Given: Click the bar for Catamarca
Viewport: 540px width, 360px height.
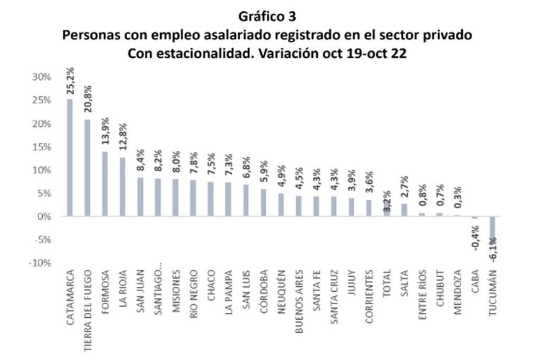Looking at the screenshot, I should [x=70, y=158].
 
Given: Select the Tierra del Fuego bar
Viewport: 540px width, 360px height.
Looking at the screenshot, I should [x=88, y=168].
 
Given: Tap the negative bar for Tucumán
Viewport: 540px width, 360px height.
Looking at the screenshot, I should [x=493, y=230].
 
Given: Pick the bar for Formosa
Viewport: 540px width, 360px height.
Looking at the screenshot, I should [x=105, y=184].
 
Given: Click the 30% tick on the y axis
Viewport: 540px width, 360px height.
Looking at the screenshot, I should [x=40, y=78].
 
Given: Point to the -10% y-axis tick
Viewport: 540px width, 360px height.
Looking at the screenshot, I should [x=38, y=263].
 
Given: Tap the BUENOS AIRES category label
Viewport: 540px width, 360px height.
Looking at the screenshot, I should [x=299, y=302].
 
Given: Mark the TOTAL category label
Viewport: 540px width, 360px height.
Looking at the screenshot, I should [x=387, y=285].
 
